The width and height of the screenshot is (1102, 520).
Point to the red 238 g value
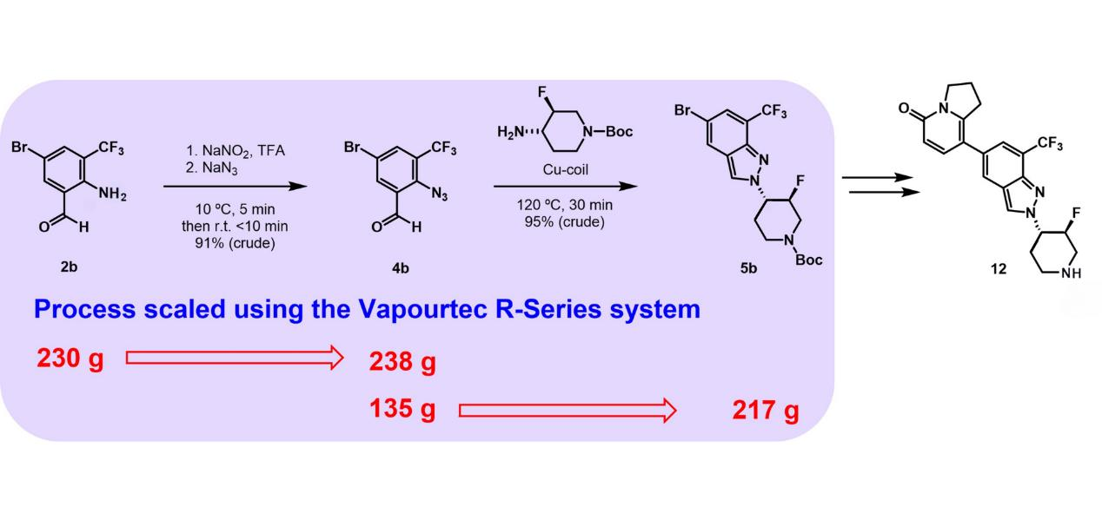pyautogui.click(x=402, y=362)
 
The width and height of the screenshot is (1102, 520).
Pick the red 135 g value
pyautogui.click(x=402, y=408)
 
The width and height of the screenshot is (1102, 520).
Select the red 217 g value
pyautogui.click(x=765, y=410)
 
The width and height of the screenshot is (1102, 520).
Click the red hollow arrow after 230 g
pyautogui.click(x=235, y=358)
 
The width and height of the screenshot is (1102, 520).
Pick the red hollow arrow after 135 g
pyautogui.click(x=567, y=410)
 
